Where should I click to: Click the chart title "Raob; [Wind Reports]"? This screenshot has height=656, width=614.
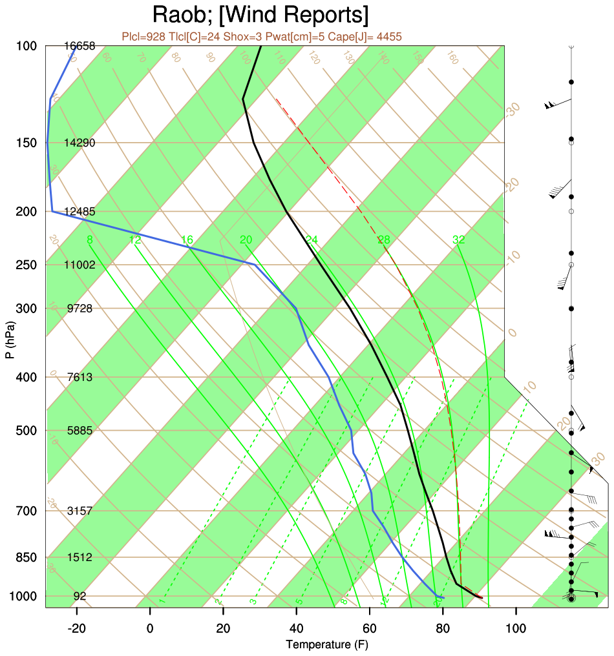[260, 14]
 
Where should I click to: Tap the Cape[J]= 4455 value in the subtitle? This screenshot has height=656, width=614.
[365, 37]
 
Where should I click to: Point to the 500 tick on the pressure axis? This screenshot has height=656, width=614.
[26, 431]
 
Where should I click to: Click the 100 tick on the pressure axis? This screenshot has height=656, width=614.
[26, 46]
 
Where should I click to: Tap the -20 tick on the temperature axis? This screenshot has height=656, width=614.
[77, 626]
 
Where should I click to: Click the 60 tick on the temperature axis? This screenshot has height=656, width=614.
[370, 626]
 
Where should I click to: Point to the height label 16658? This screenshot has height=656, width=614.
[81, 46]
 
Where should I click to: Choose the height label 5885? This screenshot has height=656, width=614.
[80, 431]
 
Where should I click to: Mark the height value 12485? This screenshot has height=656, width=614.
[81, 212]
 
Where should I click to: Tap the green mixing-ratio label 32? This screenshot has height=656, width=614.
[459, 240]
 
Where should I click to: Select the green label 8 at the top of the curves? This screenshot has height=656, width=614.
[90, 240]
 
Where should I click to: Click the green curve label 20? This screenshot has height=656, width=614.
[246, 240]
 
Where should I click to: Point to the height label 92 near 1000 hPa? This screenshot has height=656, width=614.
[80, 597]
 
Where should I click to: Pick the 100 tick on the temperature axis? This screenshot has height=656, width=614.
[516, 626]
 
